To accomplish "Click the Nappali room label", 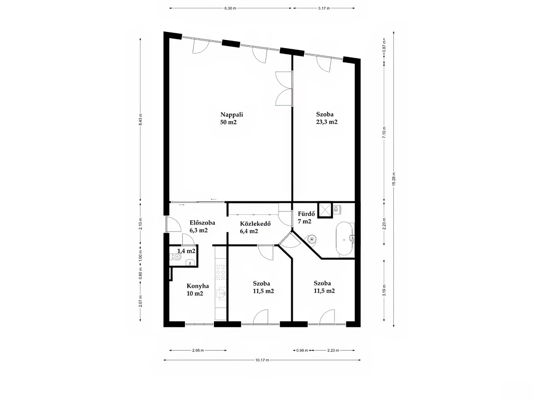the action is point(232,114).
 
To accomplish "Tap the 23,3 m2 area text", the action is point(326,122).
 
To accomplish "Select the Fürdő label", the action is point(306,214).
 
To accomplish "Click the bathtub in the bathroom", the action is point(345,239).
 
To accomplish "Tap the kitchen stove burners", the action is point(221,272).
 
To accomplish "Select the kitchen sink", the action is point(221,293).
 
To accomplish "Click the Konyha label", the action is point(198,286).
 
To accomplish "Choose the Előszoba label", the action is point(202,222).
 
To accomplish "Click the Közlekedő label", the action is point(255,224).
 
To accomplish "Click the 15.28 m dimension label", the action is point(394,179).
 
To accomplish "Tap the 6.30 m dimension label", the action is point(230,8).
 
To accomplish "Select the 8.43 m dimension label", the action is point(141,119).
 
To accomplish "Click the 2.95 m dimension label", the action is point(198,350).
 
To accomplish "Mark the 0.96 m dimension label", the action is point(302,350).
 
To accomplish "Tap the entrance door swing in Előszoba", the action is point(174,224).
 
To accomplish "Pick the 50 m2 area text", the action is point(228,122).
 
